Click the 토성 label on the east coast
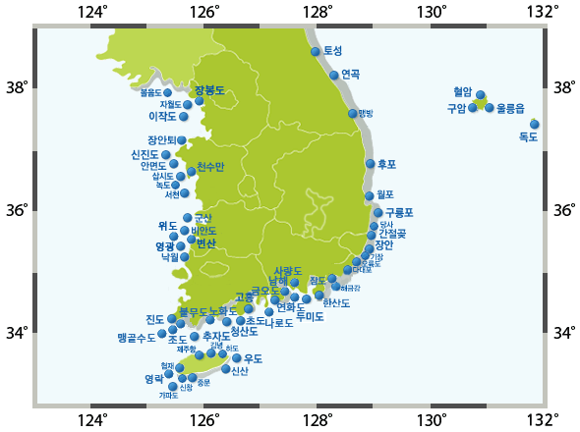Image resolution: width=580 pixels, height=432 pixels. coord(333,50)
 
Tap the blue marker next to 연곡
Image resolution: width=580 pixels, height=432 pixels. coord(334,76)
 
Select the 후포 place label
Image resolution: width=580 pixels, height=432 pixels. coord(386,164)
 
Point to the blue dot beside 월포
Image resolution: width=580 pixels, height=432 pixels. coord(370,195)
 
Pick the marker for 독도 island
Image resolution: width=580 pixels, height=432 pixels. coord(535,124)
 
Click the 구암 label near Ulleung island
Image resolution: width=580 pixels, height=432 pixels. coord(456,108)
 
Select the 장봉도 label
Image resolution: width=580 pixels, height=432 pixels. coord(209,90)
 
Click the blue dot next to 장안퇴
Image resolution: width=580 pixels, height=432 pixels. coord(182,140)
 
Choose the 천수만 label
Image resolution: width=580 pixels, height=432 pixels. coord(210,166)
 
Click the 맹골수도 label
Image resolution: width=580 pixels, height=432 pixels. coord(136,337)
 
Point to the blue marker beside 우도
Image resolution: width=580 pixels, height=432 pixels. coord(237,358)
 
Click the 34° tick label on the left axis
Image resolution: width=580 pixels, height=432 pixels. coord(17,333)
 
